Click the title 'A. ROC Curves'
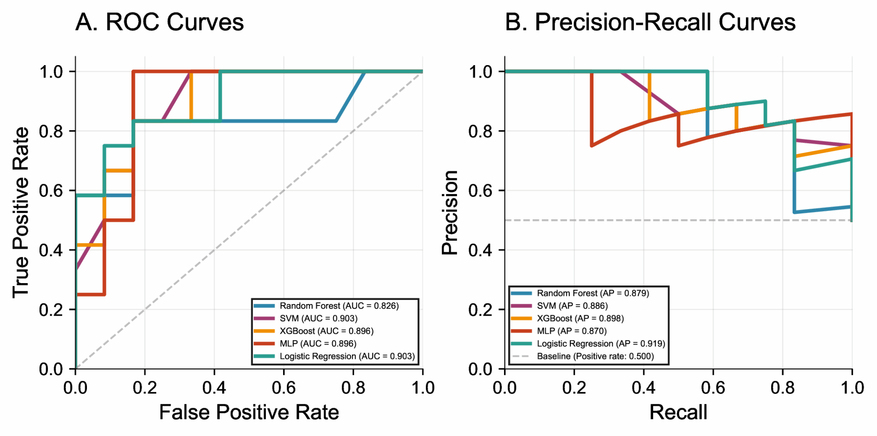159,22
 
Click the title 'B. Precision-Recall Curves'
650,22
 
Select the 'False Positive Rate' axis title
249,412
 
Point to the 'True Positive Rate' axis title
21,212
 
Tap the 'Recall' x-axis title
678,412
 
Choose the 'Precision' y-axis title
450,212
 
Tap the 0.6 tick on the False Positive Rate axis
284,388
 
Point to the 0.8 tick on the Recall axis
782,388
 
